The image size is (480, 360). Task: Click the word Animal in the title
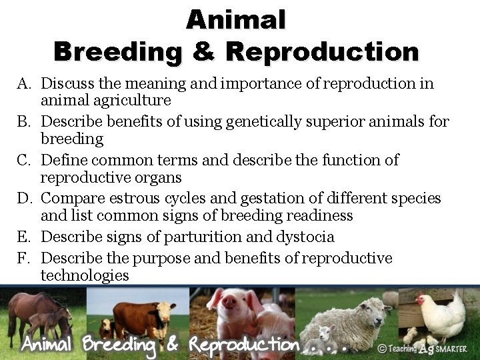coord(236,19)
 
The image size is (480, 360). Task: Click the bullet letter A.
coord(25,83)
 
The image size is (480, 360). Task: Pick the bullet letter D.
coord(25,199)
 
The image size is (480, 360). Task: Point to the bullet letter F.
coord(25,258)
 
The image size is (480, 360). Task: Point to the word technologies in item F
coord(85,275)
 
